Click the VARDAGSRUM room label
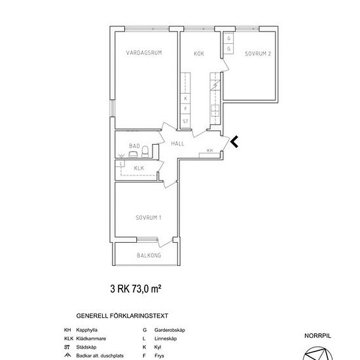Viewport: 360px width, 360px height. pos(144,53)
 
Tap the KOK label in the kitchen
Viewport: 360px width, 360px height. pos(199,54)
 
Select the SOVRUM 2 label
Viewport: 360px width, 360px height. pos(258,54)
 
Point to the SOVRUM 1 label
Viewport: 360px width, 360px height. pos(149,217)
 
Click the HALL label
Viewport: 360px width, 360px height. pos(177,144)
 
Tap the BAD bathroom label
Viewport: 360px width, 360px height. pos(134,146)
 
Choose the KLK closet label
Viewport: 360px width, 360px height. pos(139,168)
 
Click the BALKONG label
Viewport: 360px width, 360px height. pos(149,255)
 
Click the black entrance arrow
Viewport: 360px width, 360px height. pos(234,141)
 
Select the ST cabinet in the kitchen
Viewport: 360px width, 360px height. pos(185,121)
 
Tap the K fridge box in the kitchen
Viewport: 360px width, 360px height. pos(185,98)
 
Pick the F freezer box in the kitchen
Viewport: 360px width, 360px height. pos(185,109)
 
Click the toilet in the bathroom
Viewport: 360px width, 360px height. pos(145,151)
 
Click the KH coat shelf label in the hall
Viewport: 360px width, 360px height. pos(209,151)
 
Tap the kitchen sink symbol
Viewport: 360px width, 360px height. pos(215,111)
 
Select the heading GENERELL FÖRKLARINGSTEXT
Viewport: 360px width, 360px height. pos(122,316)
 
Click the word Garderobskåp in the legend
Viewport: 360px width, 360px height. pos(170,330)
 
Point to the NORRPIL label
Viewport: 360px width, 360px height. pos(317,336)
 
